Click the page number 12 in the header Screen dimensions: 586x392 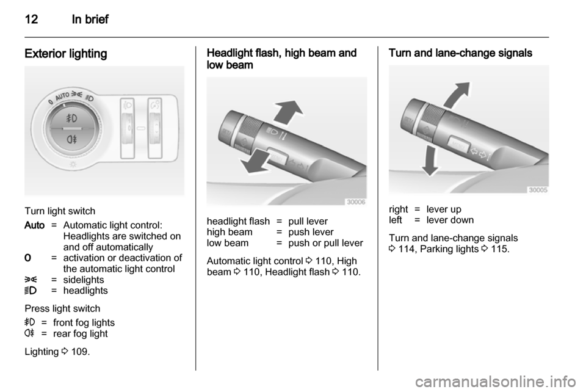click(31, 19)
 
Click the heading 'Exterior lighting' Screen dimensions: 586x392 click(66, 54)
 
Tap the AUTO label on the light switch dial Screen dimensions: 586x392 click(62, 96)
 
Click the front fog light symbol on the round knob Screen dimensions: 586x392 click(71, 118)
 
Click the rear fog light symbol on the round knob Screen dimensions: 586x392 click(71, 140)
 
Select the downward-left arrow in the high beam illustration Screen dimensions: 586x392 click(255, 161)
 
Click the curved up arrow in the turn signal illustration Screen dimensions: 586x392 click(457, 95)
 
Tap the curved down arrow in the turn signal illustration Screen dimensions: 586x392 click(430, 161)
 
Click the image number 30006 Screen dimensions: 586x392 click(356, 201)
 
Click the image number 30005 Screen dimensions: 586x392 click(538, 190)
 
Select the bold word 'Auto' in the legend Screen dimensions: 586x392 click(34, 225)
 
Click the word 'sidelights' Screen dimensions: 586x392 click(84, 280)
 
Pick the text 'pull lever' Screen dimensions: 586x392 click(308, 221)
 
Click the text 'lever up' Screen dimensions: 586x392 click(444, 209)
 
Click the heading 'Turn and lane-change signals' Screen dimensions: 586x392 click(460, 53)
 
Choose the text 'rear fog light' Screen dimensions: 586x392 click(81, 334)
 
